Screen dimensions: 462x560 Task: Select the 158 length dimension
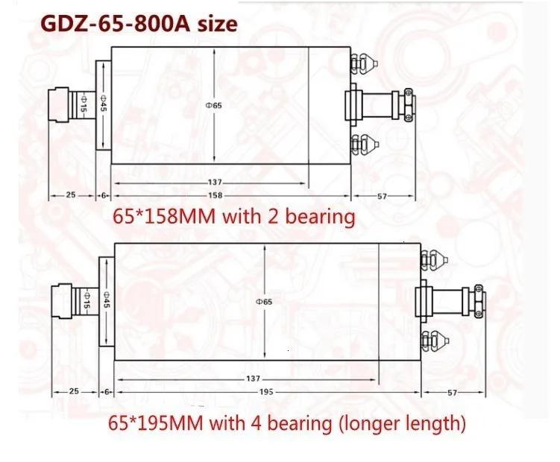pos(214,195)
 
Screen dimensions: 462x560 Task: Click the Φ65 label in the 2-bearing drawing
pos(215,105)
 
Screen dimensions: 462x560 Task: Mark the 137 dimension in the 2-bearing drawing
pos(214,183)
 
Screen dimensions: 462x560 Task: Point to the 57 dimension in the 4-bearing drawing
pos(453,390)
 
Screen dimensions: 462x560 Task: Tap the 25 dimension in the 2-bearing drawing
pos(71,195)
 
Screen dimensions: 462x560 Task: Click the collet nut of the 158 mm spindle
pos(62,104)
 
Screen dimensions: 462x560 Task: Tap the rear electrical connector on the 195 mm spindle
pos(453,300)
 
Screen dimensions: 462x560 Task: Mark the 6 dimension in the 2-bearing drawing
pos(104,195)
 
